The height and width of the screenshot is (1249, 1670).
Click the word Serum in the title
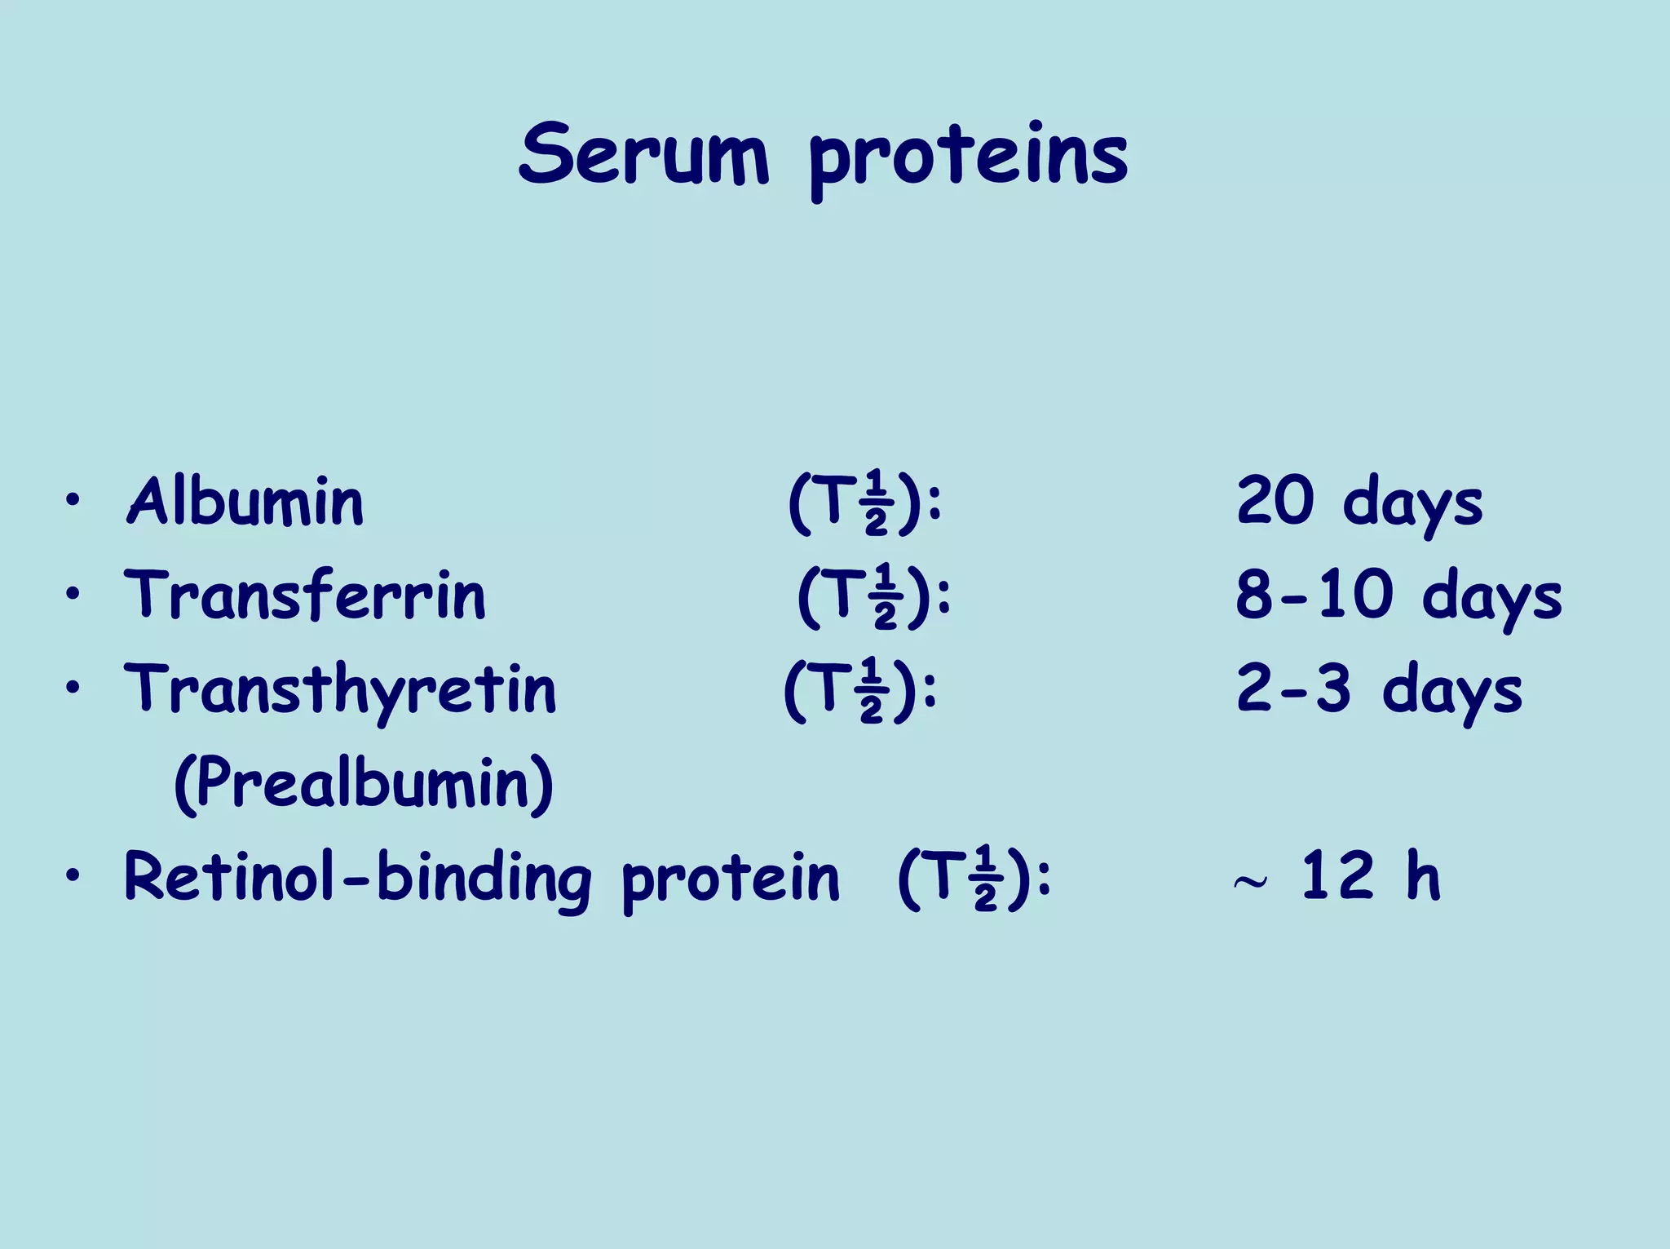coord(643,154)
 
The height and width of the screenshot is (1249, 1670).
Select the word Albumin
coord(245,501)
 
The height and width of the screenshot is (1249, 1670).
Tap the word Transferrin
coord(305,595)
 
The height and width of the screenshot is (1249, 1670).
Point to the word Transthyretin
coord(340,690)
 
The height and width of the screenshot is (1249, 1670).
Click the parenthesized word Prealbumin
coord(364,783)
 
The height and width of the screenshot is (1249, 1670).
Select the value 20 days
coord(1359,502)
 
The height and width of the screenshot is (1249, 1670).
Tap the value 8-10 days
coord(1398,596)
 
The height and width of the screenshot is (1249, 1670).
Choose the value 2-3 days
coord(1379,689)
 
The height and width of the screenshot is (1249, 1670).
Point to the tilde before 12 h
coord(1250,882)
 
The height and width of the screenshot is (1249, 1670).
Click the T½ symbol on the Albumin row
coord(864,503)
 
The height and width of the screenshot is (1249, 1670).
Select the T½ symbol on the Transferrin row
coord(873,596)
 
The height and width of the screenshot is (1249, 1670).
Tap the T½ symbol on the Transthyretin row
coord(859,690)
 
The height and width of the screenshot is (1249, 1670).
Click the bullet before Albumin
coord(73,500)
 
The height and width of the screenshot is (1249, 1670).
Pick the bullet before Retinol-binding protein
coord(73,875)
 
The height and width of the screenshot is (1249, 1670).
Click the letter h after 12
coord(1423,875)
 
